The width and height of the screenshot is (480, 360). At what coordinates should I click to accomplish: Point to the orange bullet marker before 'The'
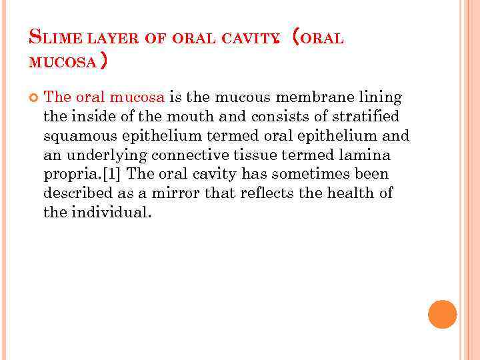[x=33, y=98]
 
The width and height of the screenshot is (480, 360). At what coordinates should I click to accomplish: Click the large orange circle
[x=442, y=314]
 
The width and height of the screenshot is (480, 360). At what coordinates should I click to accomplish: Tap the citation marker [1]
[x=112, y=175]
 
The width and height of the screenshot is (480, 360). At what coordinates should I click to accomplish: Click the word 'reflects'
[x=273, y=194]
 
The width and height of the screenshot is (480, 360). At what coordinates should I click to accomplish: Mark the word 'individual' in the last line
[x=116, y=213]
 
